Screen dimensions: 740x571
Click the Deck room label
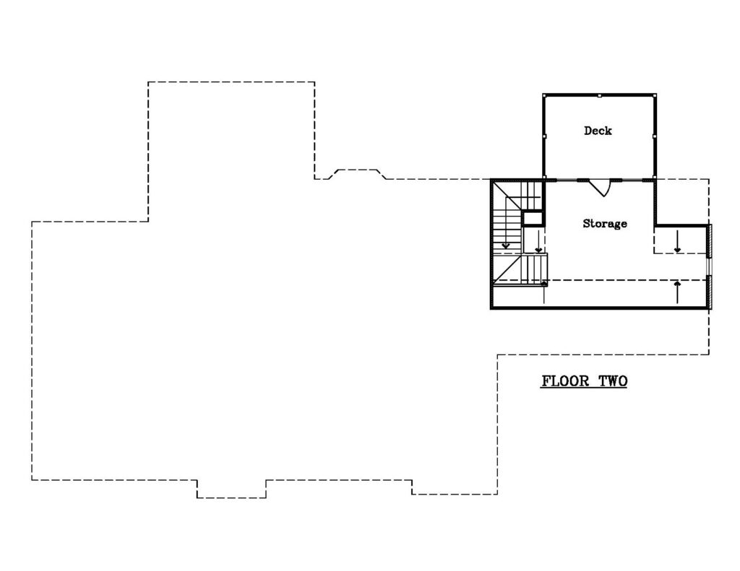click(598, 131)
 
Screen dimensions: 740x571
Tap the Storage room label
click(605, 224)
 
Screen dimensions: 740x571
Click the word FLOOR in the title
click(565, 381)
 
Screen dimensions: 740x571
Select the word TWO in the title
click(613, 381)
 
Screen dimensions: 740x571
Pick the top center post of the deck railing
click(599, 96)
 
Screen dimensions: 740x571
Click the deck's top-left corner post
click(544, 96)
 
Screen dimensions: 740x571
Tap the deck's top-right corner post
click(655, 96)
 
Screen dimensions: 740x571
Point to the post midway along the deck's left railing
click(544, 136)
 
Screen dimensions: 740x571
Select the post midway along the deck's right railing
click(655, 136)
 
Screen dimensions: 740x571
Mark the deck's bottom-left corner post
click(544, 178)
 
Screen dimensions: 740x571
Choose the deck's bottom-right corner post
click(655, 178)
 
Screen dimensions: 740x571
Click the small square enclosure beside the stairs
click(533, 218)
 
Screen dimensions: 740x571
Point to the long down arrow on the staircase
click(506, 222)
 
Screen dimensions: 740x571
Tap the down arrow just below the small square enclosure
click(538, 241)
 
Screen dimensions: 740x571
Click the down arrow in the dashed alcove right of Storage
click(677, 241)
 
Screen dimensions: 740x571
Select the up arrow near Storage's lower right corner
click(678, 292)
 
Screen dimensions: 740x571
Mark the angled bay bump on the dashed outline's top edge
click(357, 174)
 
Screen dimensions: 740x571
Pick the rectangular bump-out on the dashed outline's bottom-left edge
click(231, 489)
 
